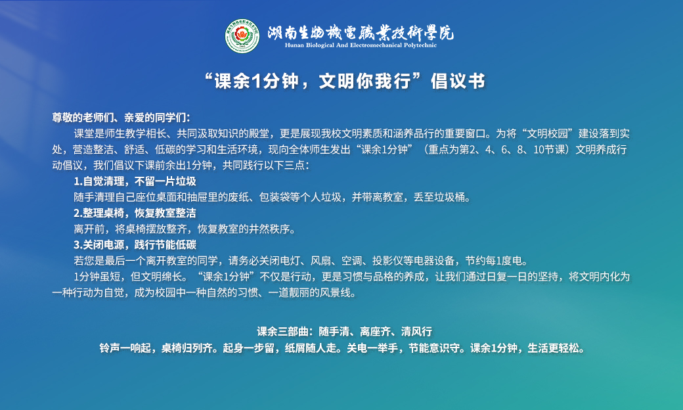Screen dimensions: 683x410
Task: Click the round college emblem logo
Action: click(x=242, y=35)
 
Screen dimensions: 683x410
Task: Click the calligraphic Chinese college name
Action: click(x=361, y=32)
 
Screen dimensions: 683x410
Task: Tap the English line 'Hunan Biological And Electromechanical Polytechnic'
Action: click(x=361, y=45)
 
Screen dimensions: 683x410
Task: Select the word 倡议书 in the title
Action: click(x=458, y=81)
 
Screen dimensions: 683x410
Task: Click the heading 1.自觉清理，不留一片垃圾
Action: click(x=135, y=181)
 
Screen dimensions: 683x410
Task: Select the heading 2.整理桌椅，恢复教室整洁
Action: click(x=135, y=213)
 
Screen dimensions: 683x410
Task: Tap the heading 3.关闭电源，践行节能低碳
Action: click(x=135, y=245)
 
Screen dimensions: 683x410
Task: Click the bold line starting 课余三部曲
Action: click(x=345, y=332)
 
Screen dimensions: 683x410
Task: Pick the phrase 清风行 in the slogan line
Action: click(x=416, y=332)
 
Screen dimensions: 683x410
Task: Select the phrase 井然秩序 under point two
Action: click(x=269, y=229)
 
